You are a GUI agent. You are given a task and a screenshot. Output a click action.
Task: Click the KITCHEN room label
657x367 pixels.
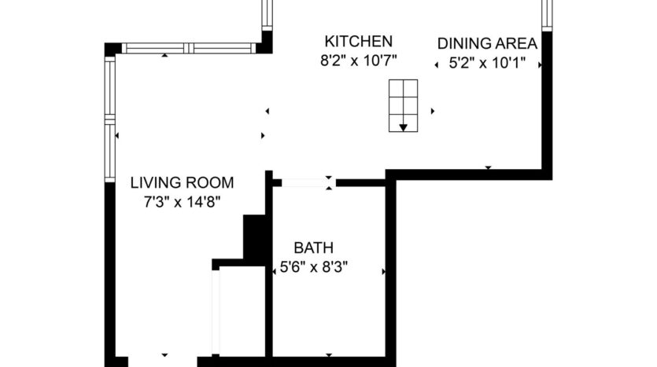pos(359,41)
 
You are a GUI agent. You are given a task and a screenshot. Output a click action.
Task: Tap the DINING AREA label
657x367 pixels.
pos(487,43)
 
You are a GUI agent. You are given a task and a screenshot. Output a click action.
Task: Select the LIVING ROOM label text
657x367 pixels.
pos(182,183)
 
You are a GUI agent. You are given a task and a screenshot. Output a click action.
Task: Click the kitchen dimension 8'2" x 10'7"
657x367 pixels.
pos(360,60)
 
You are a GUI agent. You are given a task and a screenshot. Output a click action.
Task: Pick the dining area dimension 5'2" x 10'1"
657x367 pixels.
pos(487,64)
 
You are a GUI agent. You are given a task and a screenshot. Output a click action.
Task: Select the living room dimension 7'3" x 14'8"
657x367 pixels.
pos(182,202)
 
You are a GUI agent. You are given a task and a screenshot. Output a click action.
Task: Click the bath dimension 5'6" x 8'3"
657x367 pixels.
pos(314,267)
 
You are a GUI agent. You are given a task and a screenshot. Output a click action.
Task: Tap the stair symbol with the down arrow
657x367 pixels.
pos(403,106)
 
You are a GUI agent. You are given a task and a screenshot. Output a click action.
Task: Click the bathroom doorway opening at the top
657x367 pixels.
pos(306,182)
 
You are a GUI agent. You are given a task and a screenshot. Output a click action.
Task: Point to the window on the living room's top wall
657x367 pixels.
pos(189,48)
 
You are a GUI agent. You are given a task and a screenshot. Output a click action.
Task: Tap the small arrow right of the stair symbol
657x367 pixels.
pos(433,111)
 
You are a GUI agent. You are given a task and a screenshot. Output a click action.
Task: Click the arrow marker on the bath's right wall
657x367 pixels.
pos(383,272)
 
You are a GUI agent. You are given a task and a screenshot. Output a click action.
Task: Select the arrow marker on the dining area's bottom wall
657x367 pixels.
pos(488,167)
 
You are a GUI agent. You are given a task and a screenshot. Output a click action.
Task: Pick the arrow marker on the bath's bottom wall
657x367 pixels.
pos(328,354)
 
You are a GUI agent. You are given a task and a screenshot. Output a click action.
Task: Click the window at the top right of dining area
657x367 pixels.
pos(547,14)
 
